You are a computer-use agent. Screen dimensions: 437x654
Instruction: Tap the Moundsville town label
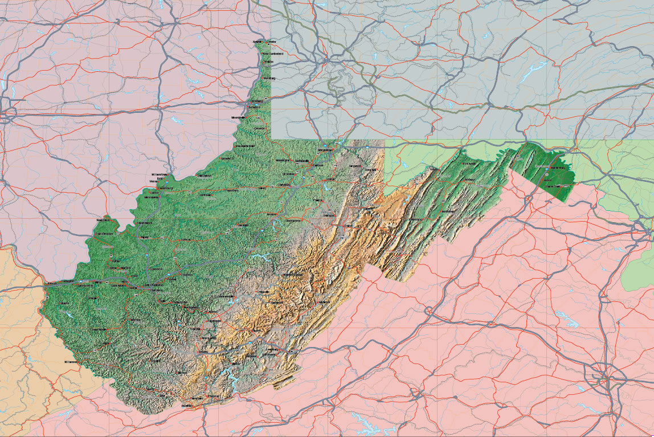coord(240,117)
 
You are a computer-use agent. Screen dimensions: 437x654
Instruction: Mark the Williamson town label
coord(71,361)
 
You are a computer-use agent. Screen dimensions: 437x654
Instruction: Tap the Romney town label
coord(469,179)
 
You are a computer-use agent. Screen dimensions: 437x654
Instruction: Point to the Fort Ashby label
coord(468,164)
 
